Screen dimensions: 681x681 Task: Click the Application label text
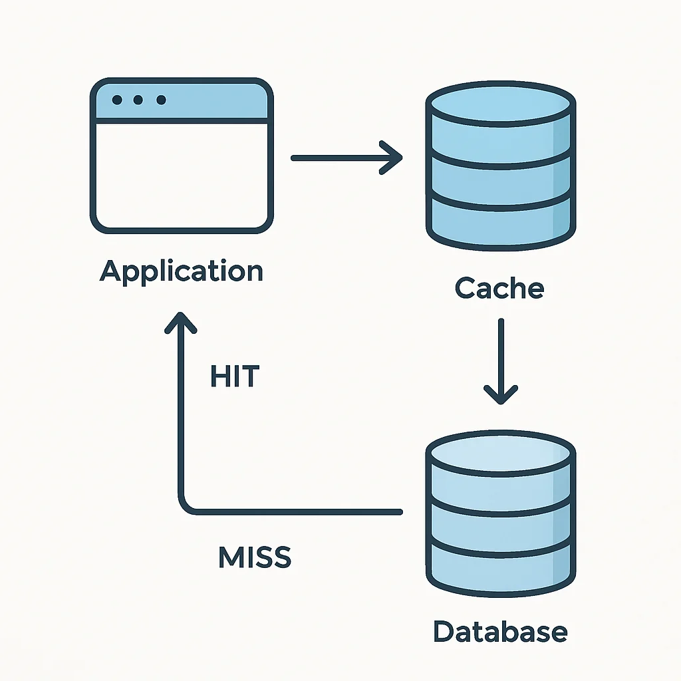coord(181,272)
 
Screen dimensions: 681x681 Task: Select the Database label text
coord(500,631)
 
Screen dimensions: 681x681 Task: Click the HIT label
coord(235,376)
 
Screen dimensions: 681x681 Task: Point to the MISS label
coord(255,557)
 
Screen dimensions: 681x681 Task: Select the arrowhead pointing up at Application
coord(181,322)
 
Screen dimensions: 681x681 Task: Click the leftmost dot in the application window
coord(117,100)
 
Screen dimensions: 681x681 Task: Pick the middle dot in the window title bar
coord(138,100)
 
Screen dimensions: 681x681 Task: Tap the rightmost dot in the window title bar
coord(161,100)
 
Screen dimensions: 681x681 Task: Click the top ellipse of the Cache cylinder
coord(501,104)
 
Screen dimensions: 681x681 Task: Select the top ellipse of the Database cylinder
coord(501,454)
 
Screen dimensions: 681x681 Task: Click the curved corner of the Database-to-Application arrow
coord(186,506)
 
